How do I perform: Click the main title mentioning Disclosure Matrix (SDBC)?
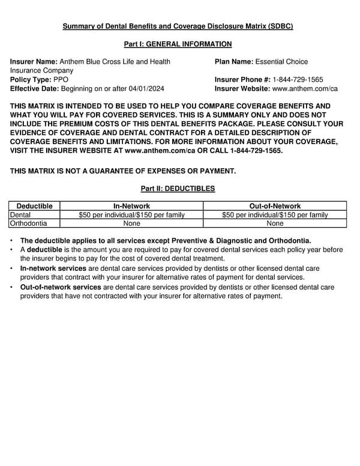[x=179, y=27]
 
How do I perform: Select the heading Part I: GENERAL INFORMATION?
[x=178, y=44]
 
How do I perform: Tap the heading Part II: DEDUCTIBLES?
[x=178, y=189]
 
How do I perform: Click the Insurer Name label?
[x=34, y=62]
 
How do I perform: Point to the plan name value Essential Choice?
[x=281, y=62]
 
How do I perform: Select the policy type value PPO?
[x=61, y=80]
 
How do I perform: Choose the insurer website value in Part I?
[x=305, y=89]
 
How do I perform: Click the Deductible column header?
[x=34, y=206]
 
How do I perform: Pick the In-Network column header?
[x=131, y=206]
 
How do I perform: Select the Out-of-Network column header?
[x=275, y=206]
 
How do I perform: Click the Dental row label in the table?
[x=20, y=214]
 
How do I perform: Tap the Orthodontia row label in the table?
[x=28, y=223]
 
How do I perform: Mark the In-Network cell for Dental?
[x=131, y=214]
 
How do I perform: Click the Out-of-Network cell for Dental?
[x=275, y=214]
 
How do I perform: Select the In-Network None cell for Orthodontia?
[x=131, y=223]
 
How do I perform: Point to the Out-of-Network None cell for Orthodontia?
[x=275, y=223]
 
